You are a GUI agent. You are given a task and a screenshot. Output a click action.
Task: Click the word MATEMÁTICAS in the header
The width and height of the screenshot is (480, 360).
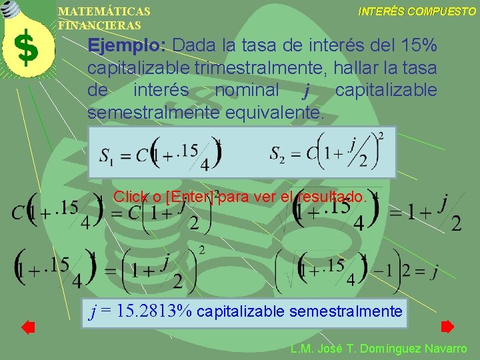coord(104,12)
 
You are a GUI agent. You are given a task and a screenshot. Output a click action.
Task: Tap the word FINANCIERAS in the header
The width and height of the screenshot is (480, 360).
coord(100,25)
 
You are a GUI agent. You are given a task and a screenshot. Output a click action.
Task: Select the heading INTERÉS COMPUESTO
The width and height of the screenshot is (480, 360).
coord(417,12)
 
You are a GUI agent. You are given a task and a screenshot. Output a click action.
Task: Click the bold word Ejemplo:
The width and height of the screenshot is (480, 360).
coord(127,46)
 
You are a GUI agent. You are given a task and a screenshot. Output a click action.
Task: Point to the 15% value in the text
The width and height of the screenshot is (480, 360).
coord(420,46)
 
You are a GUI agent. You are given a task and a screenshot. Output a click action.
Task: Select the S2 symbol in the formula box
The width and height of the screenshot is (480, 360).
coord(278,154)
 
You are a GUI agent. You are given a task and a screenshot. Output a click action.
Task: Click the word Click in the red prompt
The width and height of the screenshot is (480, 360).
coord(131,197)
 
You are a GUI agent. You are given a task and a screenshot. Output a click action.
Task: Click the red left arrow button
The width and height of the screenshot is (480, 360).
coord(27,327)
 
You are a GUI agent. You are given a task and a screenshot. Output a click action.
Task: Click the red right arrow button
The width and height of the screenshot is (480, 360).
coord(447,327)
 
